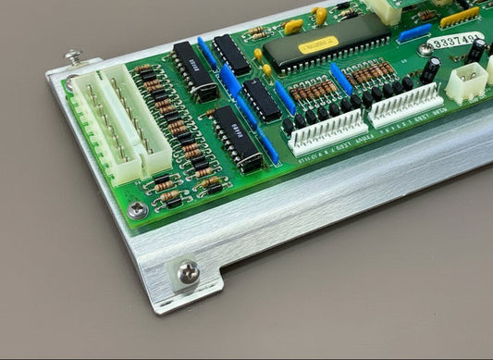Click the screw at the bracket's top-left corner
(74, 56)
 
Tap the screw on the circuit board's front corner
(138, 210)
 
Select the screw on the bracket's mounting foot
(188, 272)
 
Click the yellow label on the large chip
(318, 43)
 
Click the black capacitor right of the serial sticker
(475, 51)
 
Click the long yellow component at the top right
(459, 17)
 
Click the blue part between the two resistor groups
(340, 80)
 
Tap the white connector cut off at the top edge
(387, 9)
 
